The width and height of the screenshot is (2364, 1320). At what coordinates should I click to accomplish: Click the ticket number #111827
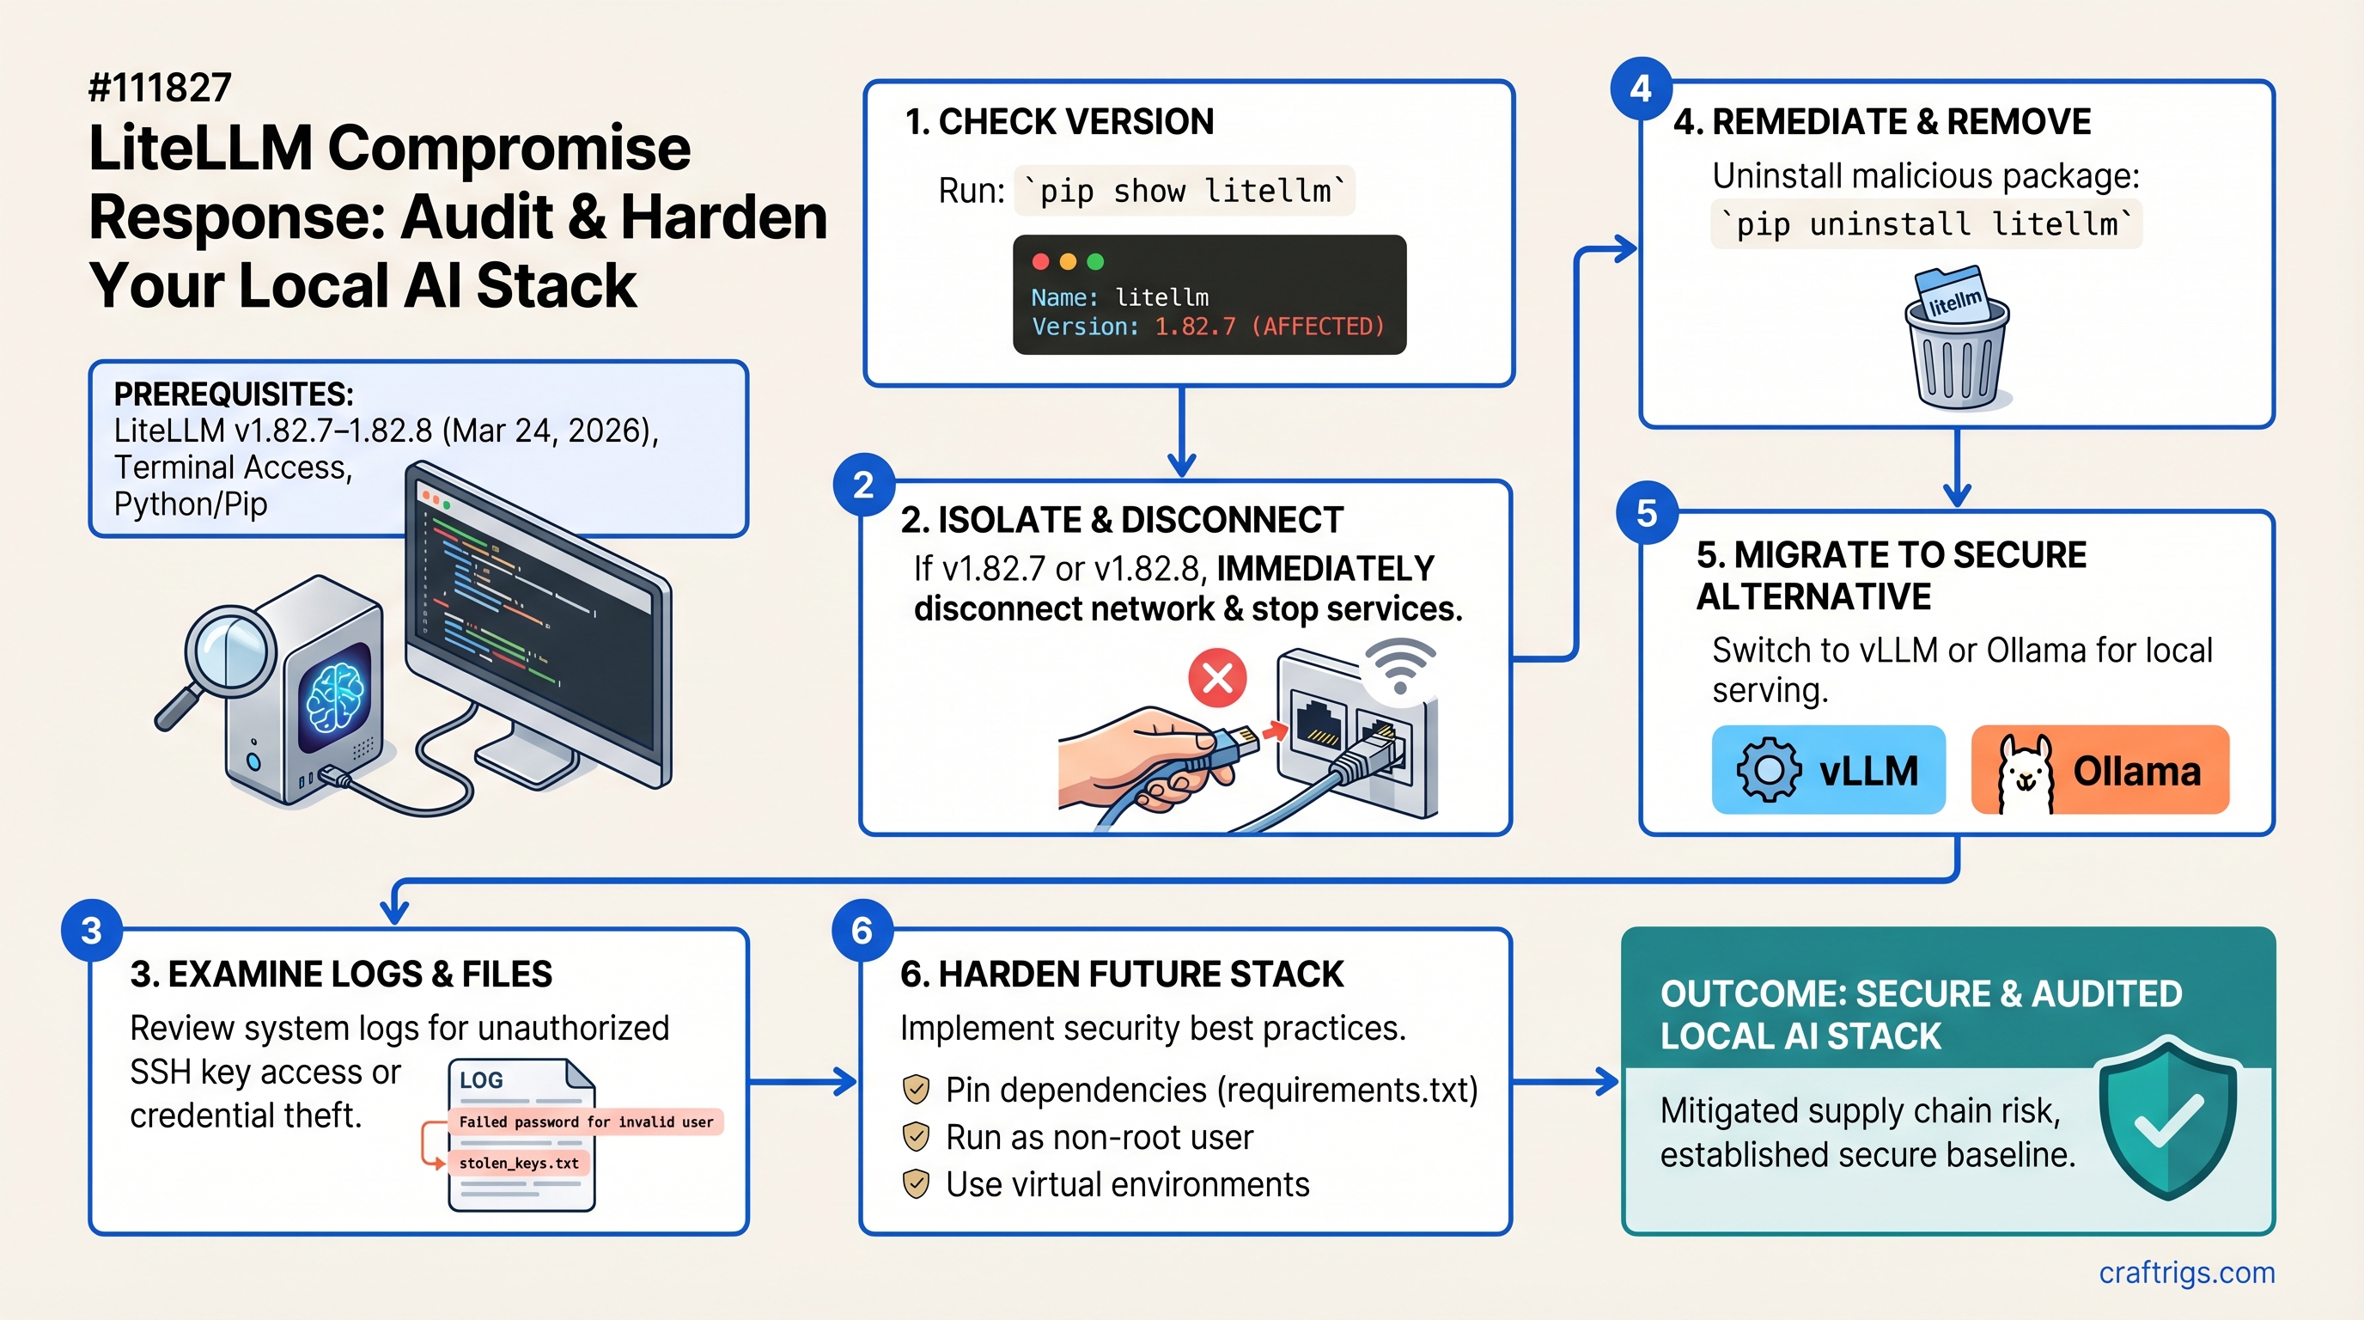pos(160,89)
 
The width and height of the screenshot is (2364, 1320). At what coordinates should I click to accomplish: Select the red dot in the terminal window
pos(1040,261)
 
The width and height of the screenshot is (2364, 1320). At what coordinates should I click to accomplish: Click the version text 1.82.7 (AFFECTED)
pos(1269,327)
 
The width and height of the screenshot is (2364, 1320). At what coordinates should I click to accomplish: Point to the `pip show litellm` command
pos(1184,191)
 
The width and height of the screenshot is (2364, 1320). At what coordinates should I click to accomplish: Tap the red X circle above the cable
pos(1217,678)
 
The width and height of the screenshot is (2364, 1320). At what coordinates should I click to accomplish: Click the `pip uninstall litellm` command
pos(1926,224)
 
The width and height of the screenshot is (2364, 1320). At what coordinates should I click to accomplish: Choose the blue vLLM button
pos(1828,770)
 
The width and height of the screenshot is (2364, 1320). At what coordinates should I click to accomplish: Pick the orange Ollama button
pos(2099,770)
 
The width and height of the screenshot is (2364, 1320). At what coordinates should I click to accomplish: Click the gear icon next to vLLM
pos(1769,770)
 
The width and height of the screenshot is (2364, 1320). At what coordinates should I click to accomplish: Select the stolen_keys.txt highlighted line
pos(519,1163)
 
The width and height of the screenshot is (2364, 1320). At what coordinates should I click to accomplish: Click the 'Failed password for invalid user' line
pos(586,1121)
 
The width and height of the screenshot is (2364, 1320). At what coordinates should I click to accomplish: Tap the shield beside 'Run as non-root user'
pos(916,1136)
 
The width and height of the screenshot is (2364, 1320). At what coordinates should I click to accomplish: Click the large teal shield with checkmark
pos(2167,1117)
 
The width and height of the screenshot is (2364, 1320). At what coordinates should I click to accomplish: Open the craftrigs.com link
pos(2186,1274)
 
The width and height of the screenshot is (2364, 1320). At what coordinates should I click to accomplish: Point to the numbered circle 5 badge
pos(1648,512)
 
